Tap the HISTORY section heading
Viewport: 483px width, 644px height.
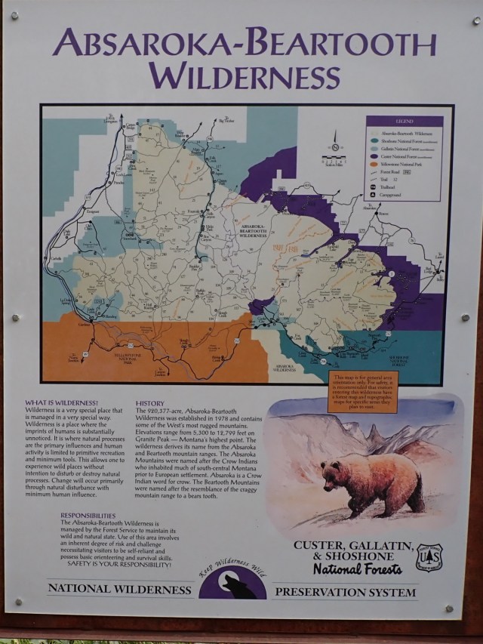(149, 403)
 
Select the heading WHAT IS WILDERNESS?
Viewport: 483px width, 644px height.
(61, 402)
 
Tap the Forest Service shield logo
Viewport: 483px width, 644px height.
(429, 558)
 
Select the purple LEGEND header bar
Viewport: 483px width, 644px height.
(405, 121)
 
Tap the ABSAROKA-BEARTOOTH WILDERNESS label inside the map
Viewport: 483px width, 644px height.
(253, 230)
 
